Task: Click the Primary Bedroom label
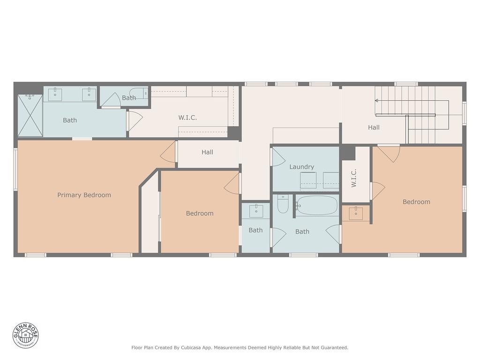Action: tap(84, 195)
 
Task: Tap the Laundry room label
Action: tap(301, 167)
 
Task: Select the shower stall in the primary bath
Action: tap(30, 115)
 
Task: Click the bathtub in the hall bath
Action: tap(317, 205)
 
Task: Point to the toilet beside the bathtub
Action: tap(283, 204)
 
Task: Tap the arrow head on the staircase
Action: tap(376, 100)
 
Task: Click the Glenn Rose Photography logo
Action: tap(26, 335)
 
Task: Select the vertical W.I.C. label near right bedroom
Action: tap(354, 179)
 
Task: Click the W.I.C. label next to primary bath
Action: tap(187, 118)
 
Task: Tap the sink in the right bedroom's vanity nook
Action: tap(356, 212)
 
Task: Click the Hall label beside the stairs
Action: tap(374, 127)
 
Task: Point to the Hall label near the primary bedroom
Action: tap(207, 152)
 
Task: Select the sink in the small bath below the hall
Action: tap(256, 211)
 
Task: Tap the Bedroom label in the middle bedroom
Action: tap(200, 213)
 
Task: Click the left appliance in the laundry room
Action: tap(308, 180)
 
